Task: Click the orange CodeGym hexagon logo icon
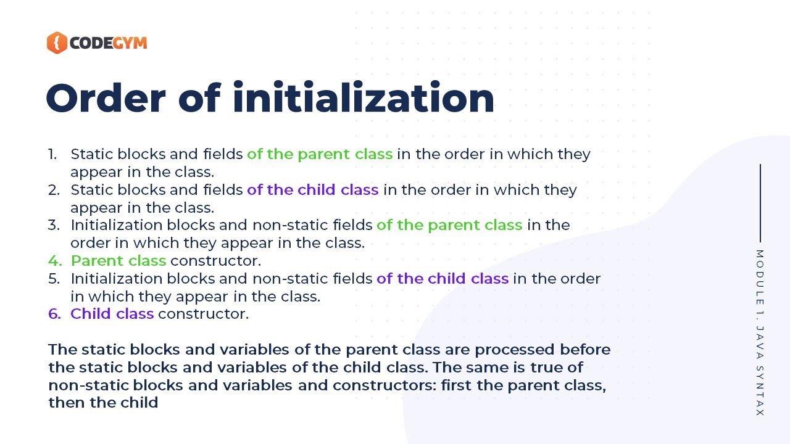pyautogui.click(x=56, y=43)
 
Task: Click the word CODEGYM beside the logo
pyautogui.click(x=108, y=43)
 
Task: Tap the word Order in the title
pyautogui.click(x=106, y=98)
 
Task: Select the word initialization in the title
pyautogui.click(x=364, y=98)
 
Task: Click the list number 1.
pyautogui.click(x=52, y=154)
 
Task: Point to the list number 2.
pyautogui.click(x=54, y=190)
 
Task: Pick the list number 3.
pyautogui.click(x=54, y=225)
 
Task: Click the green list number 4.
pyautogui.click(x=54, y=261)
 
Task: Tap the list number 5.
pyautogui.click(x=54, y=279)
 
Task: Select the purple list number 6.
pyautogui.click(x=54, y=314)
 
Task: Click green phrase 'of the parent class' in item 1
pyautogui.click(x=320, y=154)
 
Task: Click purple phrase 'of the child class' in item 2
pyautogui.click(x=312, y=190)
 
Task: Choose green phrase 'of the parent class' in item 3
pyautogui.click(x=449, y=225)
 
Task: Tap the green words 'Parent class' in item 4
pyautogui.click(x=118, y=261)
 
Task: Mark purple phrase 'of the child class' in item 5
pyautogui.click(x=443, y=279)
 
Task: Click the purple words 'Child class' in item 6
pyautogui.click(x=112, y=314)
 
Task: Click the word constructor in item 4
pyautogui.click(x=215, y=261)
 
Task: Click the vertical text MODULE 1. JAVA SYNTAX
pyautogui.click(x=760, y=333)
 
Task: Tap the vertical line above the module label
pyautogui.click(x=760, y=203)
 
